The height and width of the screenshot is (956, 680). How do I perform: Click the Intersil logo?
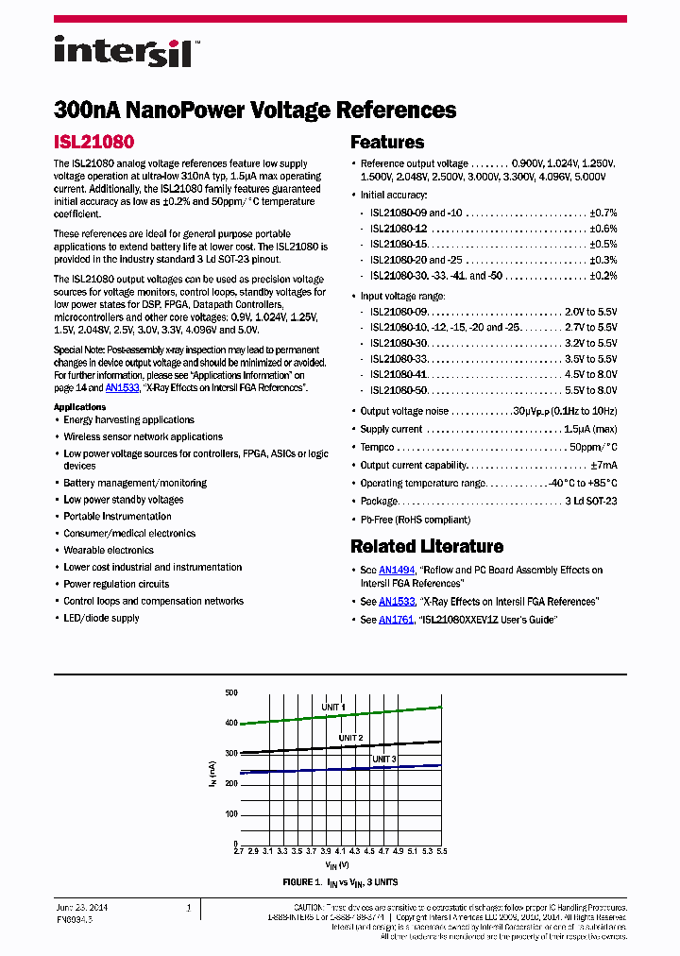click(122, 51)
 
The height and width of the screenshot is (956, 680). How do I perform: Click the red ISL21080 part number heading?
click(93, 143)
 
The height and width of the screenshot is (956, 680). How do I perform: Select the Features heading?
click(387, 143)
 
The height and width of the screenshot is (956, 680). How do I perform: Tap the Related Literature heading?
click(426, 546)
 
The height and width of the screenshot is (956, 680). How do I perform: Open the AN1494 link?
click(396, 571)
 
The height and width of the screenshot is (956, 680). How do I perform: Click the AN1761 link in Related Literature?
click(396, 620)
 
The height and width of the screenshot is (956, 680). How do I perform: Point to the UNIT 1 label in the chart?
click(331, 708)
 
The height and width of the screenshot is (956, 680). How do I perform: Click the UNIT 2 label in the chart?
click(350, 738)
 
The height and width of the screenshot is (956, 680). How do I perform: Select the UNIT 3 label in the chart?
click(383, 760)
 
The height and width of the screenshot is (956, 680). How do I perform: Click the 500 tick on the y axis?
click(231, 693)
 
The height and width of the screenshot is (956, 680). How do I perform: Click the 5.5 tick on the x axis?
click(441, 851)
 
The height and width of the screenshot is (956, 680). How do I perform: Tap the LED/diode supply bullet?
click(101, 619)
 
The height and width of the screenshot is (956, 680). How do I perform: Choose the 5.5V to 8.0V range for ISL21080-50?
click(590, 390)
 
